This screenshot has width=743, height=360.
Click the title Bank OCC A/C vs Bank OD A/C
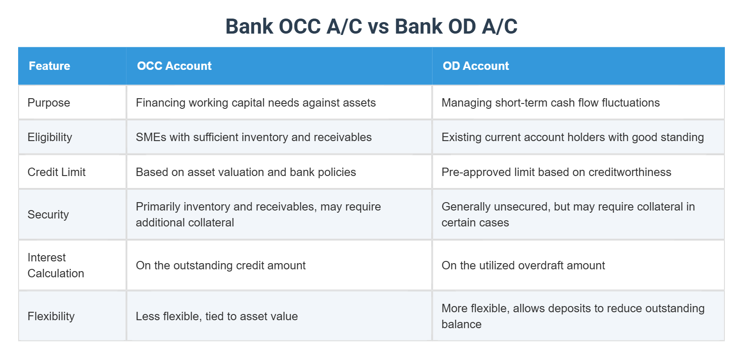point(371,27)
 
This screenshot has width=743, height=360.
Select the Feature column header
point(50,66)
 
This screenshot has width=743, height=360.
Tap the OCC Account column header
point(174,66)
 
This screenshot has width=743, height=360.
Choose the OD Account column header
point(476,66)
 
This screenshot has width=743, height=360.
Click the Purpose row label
point(49,103)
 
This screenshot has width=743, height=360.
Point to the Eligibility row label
point(50,137)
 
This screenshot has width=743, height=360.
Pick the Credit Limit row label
point(57,172)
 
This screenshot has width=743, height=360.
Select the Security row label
point(48,214)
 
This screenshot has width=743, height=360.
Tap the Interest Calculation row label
point(56,265)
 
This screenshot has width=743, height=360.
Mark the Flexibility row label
point(51,316)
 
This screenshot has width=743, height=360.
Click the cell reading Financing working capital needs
point(256,103)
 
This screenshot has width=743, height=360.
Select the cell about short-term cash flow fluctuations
point(551,103)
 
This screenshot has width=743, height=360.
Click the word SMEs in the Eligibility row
point(151,137)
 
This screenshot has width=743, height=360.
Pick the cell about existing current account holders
point(573,137)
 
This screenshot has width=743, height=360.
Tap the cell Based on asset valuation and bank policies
point(246,172)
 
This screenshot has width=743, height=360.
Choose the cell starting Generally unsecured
point(568,214)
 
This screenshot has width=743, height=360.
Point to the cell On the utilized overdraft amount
point(523,265)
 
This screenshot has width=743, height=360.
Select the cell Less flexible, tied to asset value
point(217,316)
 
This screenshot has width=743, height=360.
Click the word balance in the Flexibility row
point(461,324)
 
